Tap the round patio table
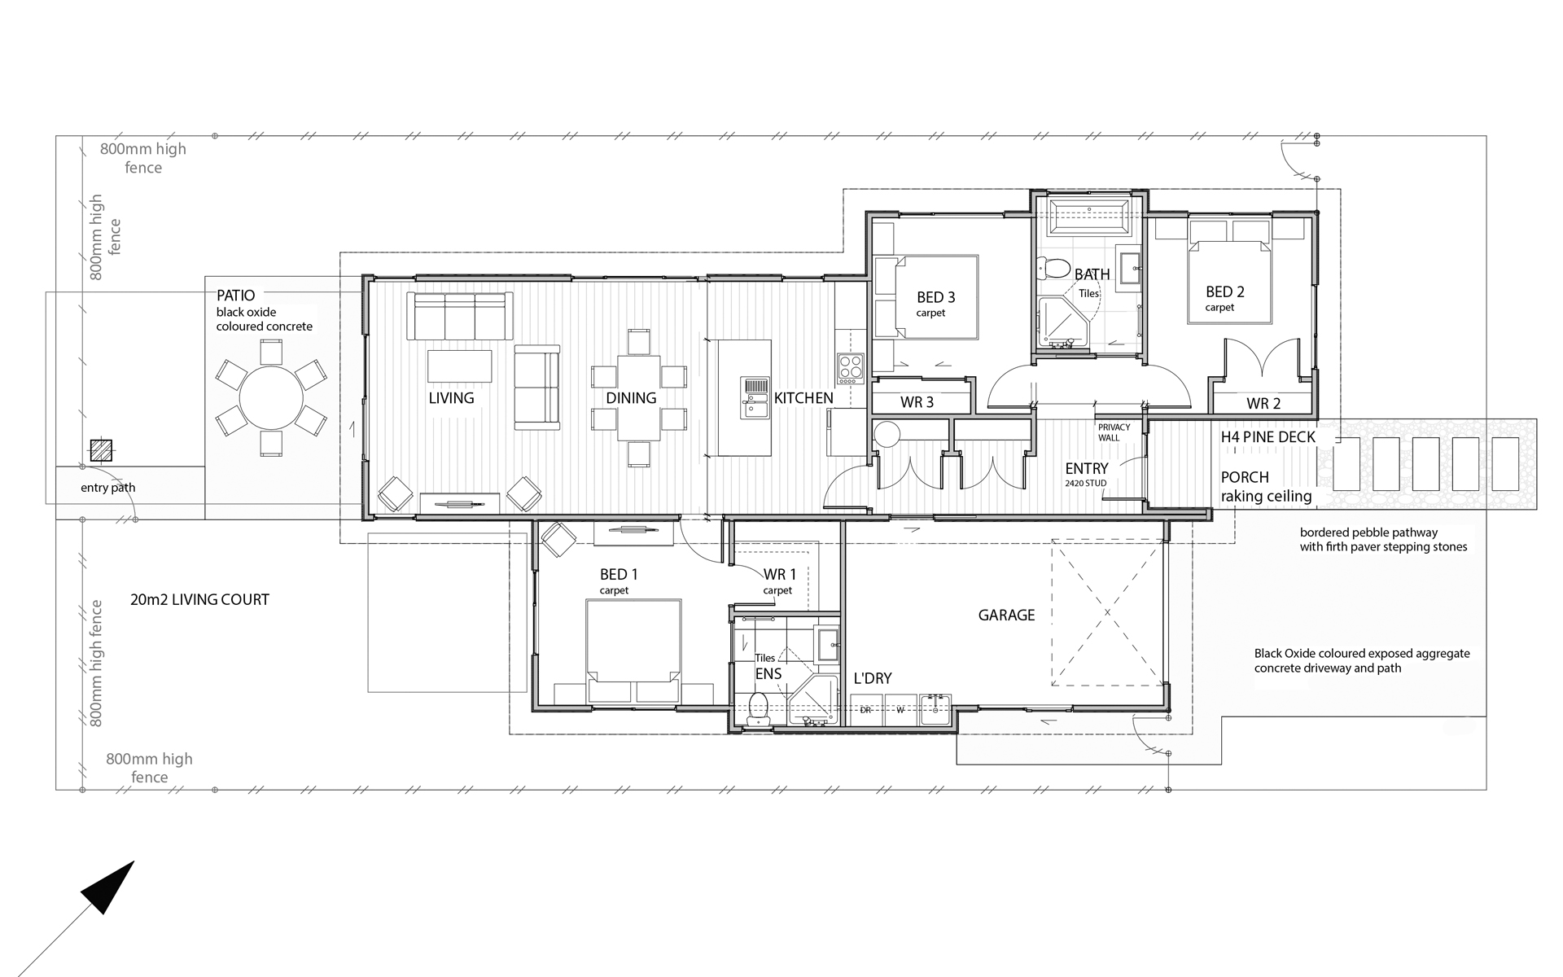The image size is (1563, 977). point(271,398)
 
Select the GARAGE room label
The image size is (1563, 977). point(1006,616)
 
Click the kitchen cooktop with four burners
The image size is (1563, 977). point(851,369)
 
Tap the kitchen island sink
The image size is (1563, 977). point(755,397)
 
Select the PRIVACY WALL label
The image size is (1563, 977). point(1114,432)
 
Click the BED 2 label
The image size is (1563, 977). point(1224,291)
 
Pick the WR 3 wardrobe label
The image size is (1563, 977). point(917,402)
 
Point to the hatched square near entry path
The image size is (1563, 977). point(101,449)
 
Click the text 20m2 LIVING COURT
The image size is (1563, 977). point(199,600)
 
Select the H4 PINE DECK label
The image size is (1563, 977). point(1267,437)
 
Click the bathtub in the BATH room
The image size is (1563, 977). point(1088,217)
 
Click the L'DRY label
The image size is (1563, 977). point(873,678)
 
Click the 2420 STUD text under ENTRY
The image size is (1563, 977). point(1085,484)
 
